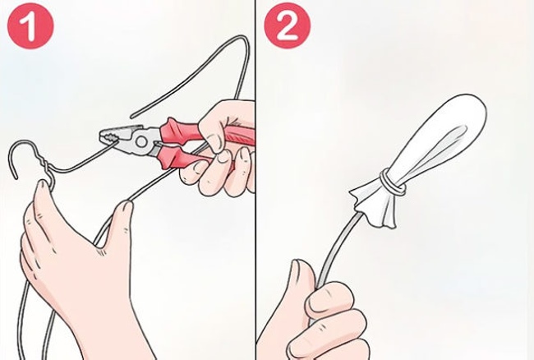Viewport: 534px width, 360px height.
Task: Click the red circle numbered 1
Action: [30, 26]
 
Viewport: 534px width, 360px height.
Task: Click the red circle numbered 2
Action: [288, 26]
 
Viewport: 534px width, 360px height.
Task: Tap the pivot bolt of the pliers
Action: [140, 141]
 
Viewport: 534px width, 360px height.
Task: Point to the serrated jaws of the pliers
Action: [110, 137]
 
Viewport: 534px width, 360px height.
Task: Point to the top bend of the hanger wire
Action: [242, 43]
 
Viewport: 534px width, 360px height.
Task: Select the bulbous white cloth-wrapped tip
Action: [440, 136]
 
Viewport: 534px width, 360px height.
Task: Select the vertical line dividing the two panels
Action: [255, 180]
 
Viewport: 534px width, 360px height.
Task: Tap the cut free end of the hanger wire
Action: [132, 117]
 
